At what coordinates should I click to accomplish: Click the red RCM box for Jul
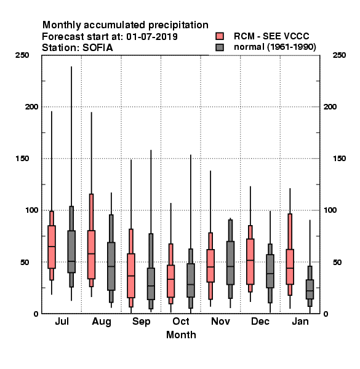[52, 247]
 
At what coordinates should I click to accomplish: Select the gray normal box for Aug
[111, 266]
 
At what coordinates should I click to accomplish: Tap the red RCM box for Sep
[131, 276]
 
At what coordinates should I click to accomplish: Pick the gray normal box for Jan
[310, 289]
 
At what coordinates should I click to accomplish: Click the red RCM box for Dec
[250, 261]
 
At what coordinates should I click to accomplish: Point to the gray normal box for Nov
[231, 263]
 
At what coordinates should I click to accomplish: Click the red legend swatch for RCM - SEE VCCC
[220, 36]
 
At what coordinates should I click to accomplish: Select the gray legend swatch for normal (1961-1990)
[220, 47]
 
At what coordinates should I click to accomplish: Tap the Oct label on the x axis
[181, 321]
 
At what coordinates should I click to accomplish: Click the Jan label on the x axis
[300, 321]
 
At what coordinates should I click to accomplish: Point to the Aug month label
[102, 322]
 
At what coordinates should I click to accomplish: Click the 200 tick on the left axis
[31, 106]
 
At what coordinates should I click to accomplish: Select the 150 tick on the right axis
[339, 159]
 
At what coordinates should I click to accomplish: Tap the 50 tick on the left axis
[24, 262]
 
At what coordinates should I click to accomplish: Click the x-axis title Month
[181, 335]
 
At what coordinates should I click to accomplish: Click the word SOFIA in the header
[98, 48]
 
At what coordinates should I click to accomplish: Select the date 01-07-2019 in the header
[152, 37]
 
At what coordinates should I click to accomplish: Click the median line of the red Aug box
[91, 253]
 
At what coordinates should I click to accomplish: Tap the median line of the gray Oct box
[191, 285]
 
